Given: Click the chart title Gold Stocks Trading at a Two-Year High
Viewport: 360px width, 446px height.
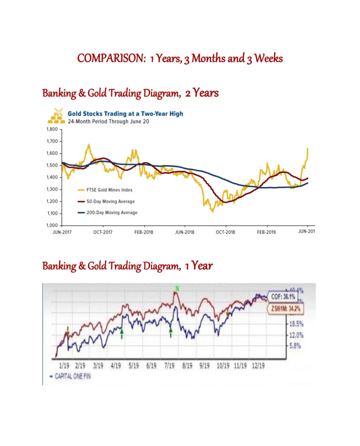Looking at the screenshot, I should click(x=125, y=113).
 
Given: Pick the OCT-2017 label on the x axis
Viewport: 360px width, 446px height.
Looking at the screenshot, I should click(x=103, y=232).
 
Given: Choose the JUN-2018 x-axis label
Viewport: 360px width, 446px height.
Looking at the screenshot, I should click(x=185, y=232).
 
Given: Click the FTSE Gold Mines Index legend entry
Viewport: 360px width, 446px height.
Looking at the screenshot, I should click(x=106, y=190).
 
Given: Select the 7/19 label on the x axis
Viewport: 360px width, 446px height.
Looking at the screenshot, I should click(x=170, y=365).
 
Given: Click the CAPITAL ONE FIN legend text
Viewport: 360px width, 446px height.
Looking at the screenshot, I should click(x=71, y=376).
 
